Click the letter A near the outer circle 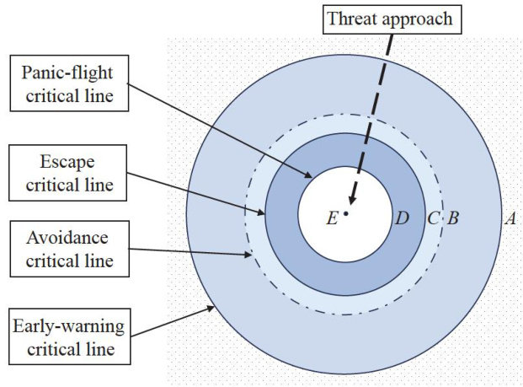[x=509, y=218]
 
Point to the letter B [x=452, y=218]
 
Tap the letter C [x=432, y=218]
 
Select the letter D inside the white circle [x=402, y=218]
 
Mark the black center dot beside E [x=345, y=213]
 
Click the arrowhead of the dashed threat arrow [x=350, y=204]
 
